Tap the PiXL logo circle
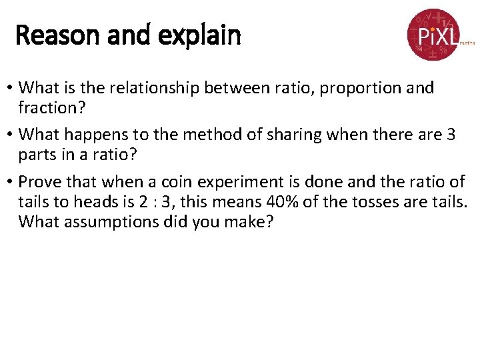tap(433, 34)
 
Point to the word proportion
tap(353, 87)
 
